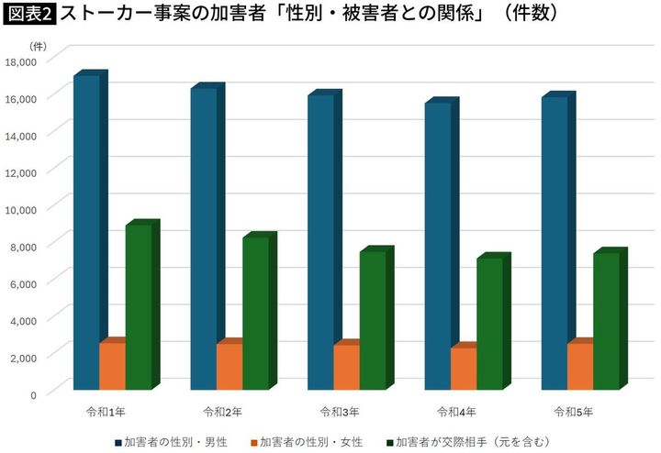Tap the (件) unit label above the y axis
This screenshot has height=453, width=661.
(x=37, y=45)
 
